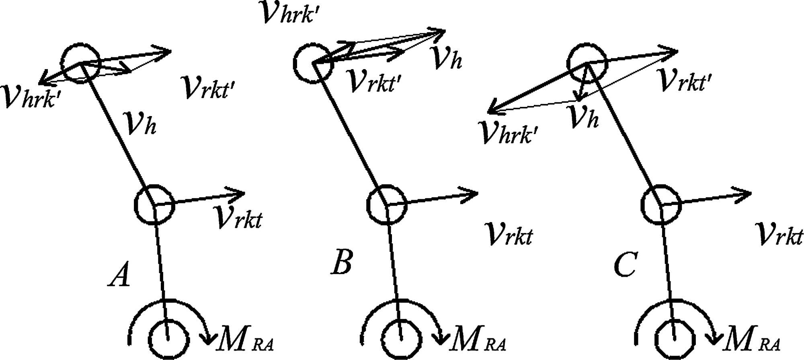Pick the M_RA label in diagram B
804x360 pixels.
pyautogui.click(x=478, y=340)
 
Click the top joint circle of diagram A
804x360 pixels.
pyautogui.click(x=80, y=63)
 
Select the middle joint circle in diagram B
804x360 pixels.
pyautogui.click(x=387, y=205)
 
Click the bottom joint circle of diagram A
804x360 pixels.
pyautogui.click(x=169, y=340)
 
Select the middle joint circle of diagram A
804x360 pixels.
pyautogui.click(x=154, y=204)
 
